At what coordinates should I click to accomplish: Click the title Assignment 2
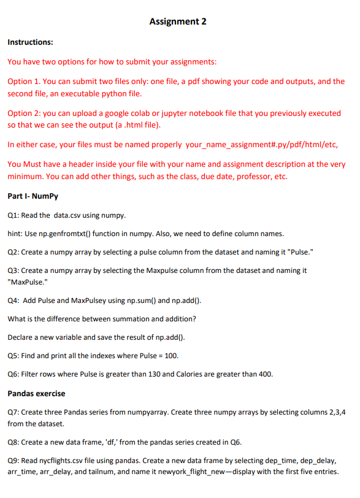click(x=178, y=22)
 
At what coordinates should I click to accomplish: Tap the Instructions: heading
click(x=29, y=42)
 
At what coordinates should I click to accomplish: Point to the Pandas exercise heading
click(x=36, y=393)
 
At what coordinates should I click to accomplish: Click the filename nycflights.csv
click(x=66, y=459)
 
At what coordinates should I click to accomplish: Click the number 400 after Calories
click(x=263, y=374)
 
